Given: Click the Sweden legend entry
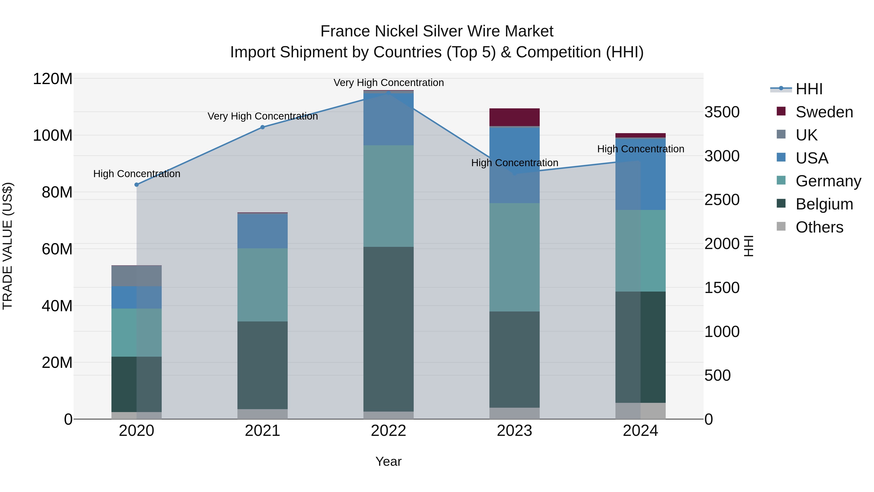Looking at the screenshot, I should pos(824,112).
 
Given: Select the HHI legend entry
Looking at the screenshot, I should pos(809,89).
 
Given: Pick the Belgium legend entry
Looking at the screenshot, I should pos(824,204).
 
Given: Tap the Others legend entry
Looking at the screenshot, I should pos(819,227).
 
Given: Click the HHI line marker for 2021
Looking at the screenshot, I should pos(262,127).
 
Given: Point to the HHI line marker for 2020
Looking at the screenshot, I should pos(136,185).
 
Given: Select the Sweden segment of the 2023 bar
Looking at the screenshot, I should pos(514,117).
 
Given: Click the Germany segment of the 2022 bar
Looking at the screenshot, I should pos(388,196).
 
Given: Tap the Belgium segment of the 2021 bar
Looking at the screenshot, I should pos(262,365).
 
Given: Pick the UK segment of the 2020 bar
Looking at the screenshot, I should pos(136,276).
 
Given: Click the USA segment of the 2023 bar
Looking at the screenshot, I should pos(514,165).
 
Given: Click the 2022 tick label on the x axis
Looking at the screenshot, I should pos(388,431).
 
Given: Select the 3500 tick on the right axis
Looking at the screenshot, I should pos(722,112).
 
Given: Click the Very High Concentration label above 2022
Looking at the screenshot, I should pos(388,83).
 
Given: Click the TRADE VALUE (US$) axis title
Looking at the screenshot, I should pos(8,246).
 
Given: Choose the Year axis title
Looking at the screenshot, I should pos(388,461).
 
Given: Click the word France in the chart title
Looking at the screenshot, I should pos(345,31).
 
